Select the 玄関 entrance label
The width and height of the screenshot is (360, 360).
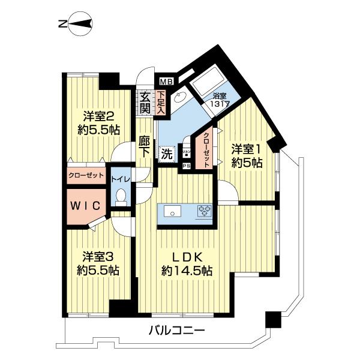point(145,103)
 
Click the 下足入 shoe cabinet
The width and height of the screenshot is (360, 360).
point(161,101)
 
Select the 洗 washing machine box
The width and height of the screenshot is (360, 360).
point(167,154)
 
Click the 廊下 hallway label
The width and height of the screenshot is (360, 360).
point(144,147)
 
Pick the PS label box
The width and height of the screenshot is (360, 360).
point(186,166)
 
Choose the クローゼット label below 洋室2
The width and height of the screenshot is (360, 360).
point(86,176)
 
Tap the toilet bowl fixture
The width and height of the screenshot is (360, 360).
point(121,195)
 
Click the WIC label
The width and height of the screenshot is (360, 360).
point(86,205)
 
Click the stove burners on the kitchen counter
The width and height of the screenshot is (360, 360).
point(205,211)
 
